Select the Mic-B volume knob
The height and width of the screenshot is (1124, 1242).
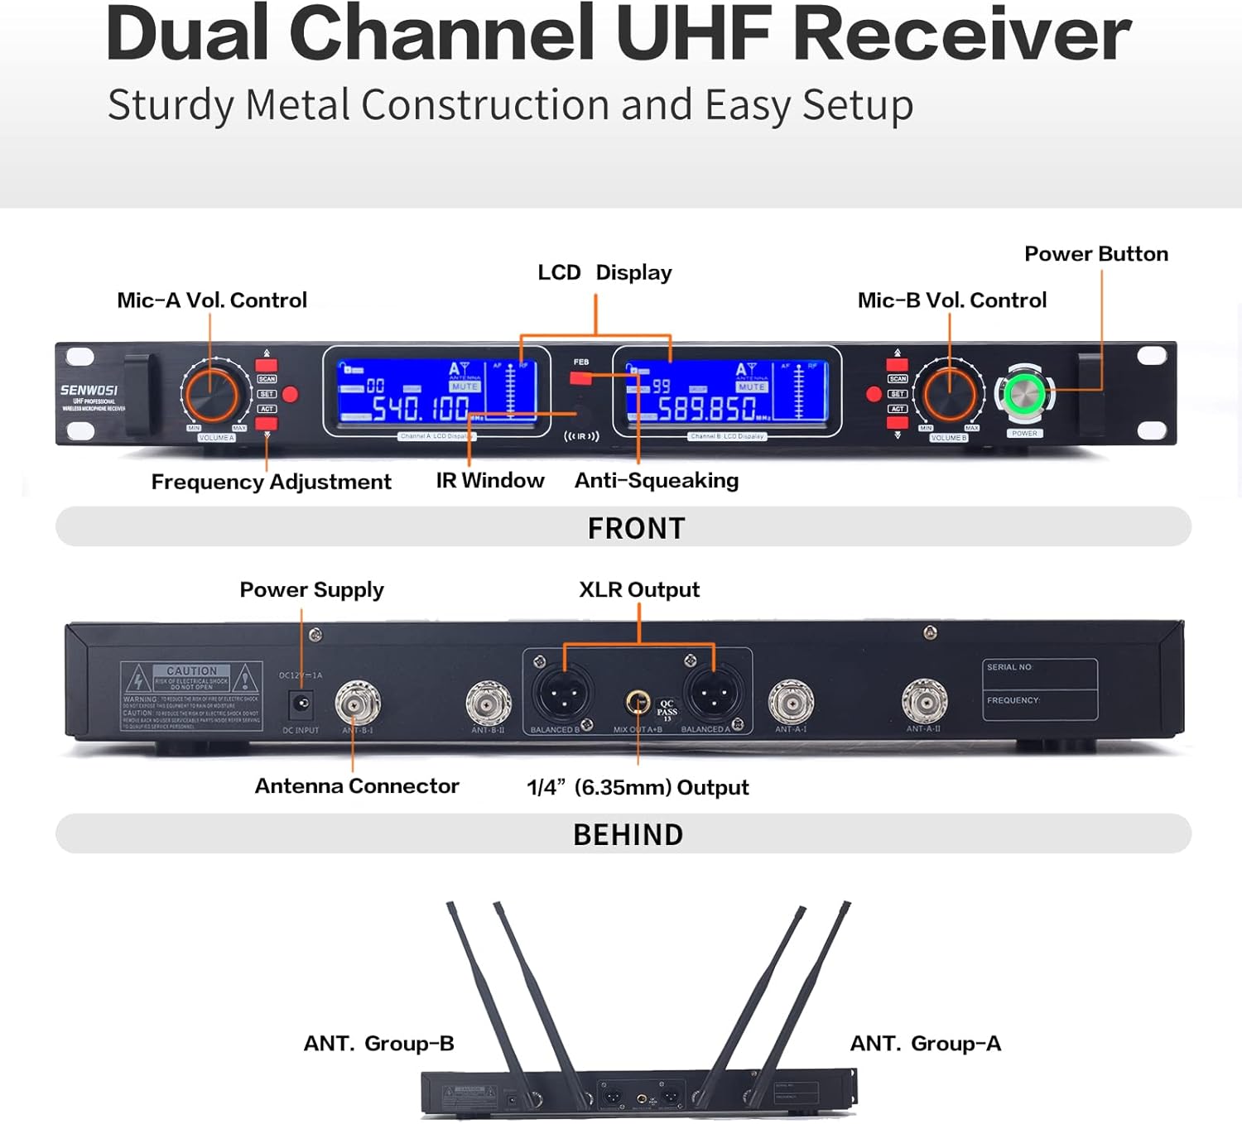[x=949, y=394]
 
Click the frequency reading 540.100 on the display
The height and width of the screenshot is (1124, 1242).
[x=421, y=408]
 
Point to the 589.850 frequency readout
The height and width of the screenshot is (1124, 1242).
[x=707, y=408]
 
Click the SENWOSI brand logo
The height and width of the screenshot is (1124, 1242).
[x=89, y=390]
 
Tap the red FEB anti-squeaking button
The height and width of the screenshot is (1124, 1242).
[x=580, y=378]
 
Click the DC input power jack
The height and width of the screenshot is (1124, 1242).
[x=301, y=704]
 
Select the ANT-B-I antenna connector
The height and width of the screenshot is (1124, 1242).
[x=358, y=704]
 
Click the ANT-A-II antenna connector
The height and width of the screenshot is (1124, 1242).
[x=924, y=702]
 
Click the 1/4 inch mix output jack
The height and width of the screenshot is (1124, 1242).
[x=637, y=704]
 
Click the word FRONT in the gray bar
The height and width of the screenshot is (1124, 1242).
[x=636, y=528]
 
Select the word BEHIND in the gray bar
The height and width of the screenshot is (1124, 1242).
[x=628, y=834]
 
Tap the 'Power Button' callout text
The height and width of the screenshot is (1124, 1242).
[x=1095, y=254]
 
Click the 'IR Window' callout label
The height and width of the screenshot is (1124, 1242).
[x=490, y=481]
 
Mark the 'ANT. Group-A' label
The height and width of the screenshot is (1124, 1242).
[x=925, y=1044]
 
